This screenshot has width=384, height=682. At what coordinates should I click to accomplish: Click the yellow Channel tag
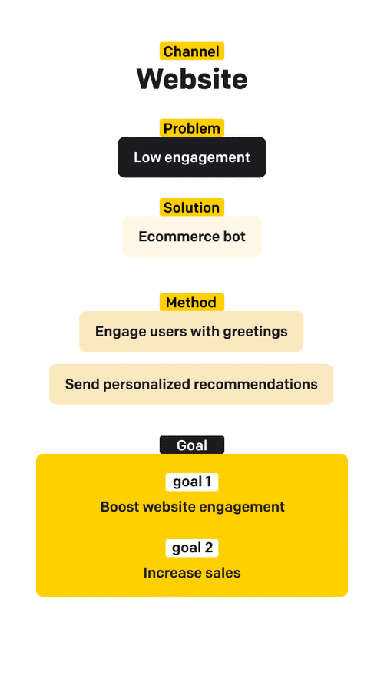tap(192, 51)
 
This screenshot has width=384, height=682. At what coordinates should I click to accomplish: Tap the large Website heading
tap(192, 79)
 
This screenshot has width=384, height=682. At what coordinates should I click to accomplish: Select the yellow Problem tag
tap(192, 128)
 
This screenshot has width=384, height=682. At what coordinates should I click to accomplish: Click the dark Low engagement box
tap(192, 157)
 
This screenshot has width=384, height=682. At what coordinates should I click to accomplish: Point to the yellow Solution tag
tap(192, 207)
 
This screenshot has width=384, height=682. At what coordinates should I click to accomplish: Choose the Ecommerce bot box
tap(192, 237)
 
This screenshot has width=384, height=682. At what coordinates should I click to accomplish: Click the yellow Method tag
tap(192, 303)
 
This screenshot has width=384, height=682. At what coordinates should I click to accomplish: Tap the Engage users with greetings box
tap(191, 332)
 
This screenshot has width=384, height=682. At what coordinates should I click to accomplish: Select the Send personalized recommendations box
tap(191, 384)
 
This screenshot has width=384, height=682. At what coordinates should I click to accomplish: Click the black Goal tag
tap(192, 445)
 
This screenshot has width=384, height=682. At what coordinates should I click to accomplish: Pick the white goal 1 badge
tap(192, 482)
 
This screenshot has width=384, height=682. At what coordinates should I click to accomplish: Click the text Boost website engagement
tap(192, 507)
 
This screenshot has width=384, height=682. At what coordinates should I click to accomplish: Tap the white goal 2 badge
tap(192, 548)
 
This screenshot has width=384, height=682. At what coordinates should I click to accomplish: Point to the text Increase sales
tap(192, 573)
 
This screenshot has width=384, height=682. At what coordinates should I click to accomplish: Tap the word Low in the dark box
tap(147, 157)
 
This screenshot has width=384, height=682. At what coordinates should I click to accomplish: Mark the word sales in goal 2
tap(223, 573)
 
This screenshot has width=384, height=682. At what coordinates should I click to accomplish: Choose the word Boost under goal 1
tap(120, 507)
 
